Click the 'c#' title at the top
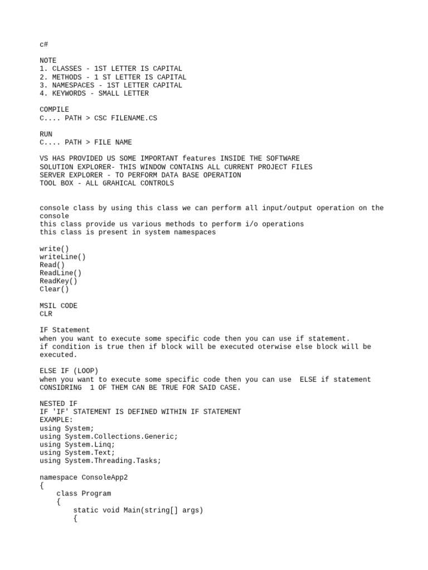click(43, 45)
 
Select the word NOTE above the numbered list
click(48, 61)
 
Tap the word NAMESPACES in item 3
click(73, 85)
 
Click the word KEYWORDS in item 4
click(69, 94)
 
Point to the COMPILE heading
click(54, 110)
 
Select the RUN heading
click(46, 134)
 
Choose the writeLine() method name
click(62, 257)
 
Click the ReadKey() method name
click(59, 281)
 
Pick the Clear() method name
click(54, 289)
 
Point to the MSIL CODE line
click(59, 306)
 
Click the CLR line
click(46, 314)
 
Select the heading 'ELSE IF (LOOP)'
click(69, 371)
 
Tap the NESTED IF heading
click(59, 404)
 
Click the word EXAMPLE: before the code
click(56, 420)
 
